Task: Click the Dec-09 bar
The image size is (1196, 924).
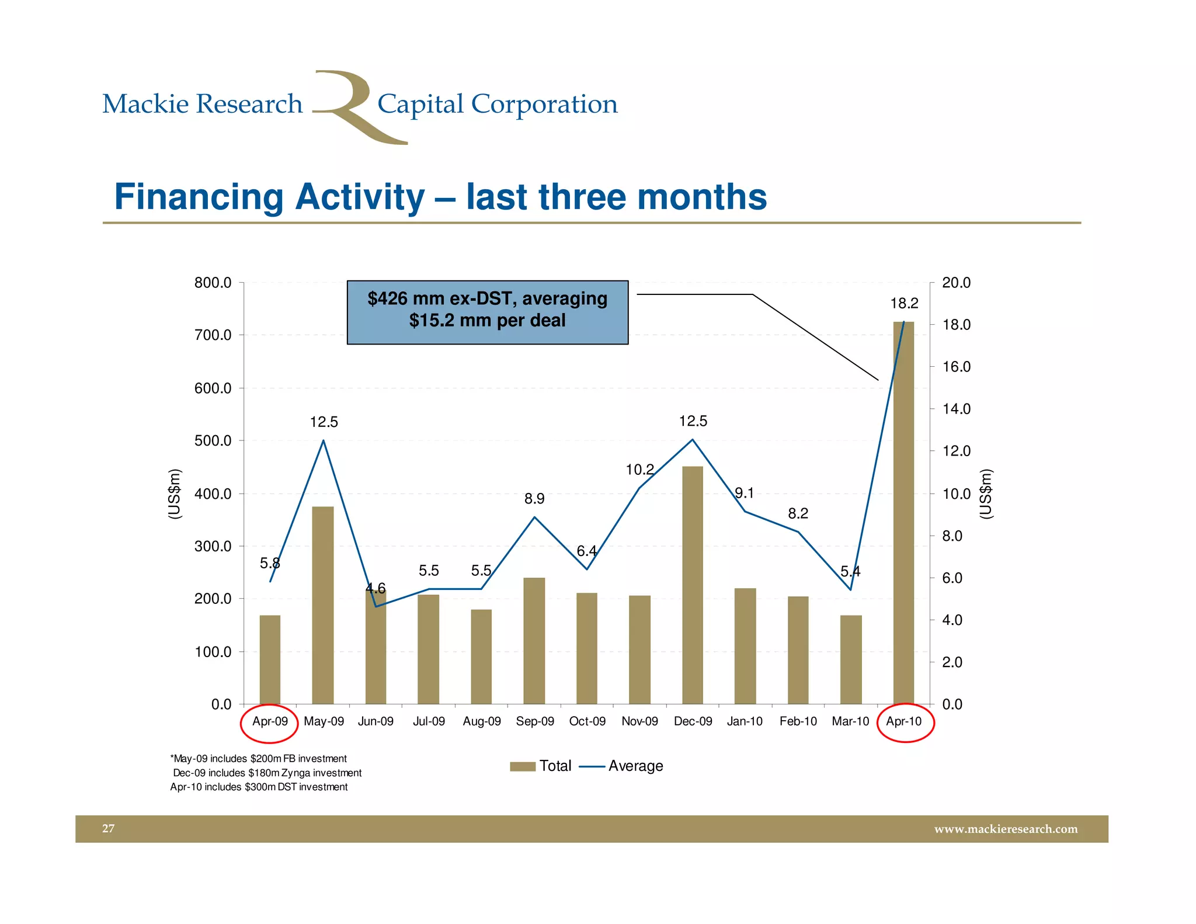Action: [693, 584]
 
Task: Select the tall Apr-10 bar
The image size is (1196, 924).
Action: [903, 514]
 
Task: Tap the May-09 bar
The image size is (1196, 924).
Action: [323, 605]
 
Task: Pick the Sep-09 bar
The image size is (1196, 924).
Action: [534, 641]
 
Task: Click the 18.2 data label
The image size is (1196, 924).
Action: [904, 303]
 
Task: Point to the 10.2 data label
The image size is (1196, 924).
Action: [639, 470]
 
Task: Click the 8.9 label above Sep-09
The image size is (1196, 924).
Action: [534, 499]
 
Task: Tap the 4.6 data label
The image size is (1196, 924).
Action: [376, 588]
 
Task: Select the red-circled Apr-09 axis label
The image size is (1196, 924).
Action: [270, 721]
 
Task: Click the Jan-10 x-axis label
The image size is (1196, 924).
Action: [745, 721]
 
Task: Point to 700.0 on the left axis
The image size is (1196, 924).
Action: [213, 335]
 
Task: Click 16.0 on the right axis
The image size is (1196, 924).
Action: [956, 367]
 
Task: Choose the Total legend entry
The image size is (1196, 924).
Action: [541, 766]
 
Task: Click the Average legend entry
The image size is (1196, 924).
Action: [623, 766]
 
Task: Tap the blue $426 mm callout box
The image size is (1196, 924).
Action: [487, 312]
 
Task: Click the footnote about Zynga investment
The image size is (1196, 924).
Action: [267, 773]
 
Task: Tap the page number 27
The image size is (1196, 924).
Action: [109, 828]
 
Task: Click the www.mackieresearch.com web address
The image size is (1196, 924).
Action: [1005, 829]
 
